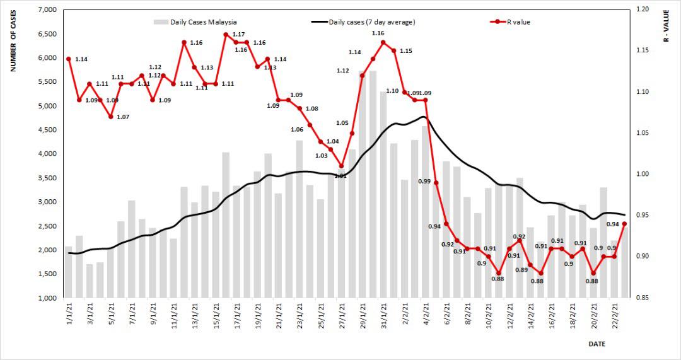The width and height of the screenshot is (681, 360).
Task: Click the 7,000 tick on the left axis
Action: click(x=49, y=10)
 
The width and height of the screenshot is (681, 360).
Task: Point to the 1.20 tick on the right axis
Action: click(x=643, y=10)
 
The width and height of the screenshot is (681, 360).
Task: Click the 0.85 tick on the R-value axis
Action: click(x=643, y=298)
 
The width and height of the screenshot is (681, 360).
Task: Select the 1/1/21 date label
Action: click(x=69, y=312)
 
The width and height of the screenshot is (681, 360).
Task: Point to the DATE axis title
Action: click(x=597, y=344)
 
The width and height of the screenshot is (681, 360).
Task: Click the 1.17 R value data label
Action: click(x=238, y=34)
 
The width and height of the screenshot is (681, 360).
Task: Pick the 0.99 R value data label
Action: click(x=424, y=182)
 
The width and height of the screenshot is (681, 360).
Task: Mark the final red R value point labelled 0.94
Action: click(x=624, y=224)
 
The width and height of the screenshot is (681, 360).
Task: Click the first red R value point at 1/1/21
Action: click(x=68, y=59)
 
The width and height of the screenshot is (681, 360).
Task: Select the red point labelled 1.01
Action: click(x=341, y=166)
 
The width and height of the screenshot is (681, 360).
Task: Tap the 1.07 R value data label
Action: click(x=122, y=117)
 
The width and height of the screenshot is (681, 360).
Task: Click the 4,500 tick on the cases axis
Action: click(x=49, y=130)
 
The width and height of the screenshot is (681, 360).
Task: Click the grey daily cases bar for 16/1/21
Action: click(x=226, y=224)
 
